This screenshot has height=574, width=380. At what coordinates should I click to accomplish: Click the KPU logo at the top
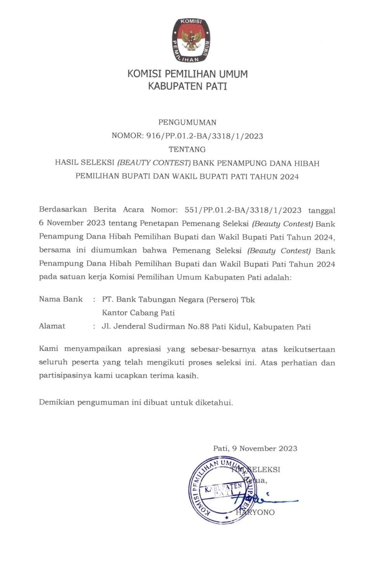[x=191, y=40]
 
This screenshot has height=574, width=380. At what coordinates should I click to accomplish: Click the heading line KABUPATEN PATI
[x=187, y=86]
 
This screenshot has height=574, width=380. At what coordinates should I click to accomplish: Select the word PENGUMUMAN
[x=187, y=122]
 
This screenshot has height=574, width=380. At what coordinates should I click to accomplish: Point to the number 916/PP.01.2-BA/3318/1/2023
[x=204, y=136]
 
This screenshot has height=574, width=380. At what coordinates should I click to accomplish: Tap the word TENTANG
[x=187, y=149]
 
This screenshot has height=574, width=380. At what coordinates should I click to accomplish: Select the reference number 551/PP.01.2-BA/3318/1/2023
[x=243, y=210]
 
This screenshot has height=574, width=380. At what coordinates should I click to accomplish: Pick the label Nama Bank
[x=61, y=299]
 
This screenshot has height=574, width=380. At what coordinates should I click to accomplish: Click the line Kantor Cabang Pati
[x=138, y=313]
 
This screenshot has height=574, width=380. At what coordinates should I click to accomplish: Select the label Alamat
[x=52, y=326]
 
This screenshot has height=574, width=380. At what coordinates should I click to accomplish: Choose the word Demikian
[x=56, y=402]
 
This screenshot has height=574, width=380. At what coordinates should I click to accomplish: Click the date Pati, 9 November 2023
[x=255, y=449]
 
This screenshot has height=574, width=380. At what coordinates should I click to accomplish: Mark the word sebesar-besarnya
[x=223, y=349]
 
